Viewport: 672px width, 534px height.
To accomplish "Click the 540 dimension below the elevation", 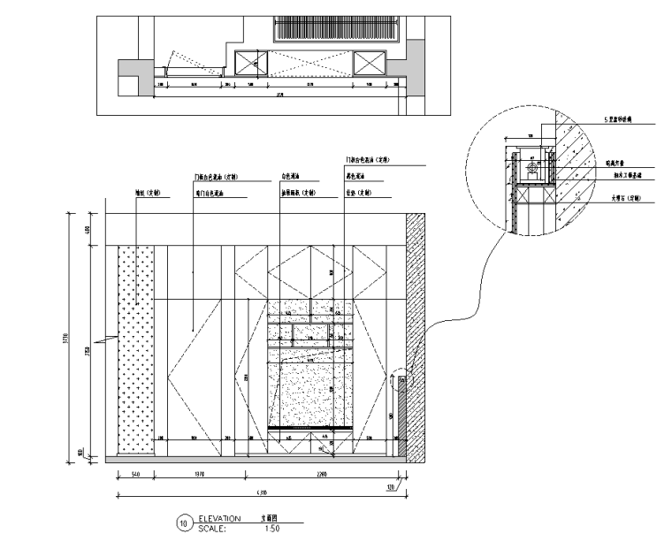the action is (x=135, y=475).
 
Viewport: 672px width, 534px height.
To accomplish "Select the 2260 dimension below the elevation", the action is (x=321, y=475).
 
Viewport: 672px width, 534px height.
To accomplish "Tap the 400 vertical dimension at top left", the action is (x=88, y=230).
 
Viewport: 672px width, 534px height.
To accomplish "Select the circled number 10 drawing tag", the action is (x=184, y=523).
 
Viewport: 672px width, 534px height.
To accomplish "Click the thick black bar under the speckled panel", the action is (x=310, y=428).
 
